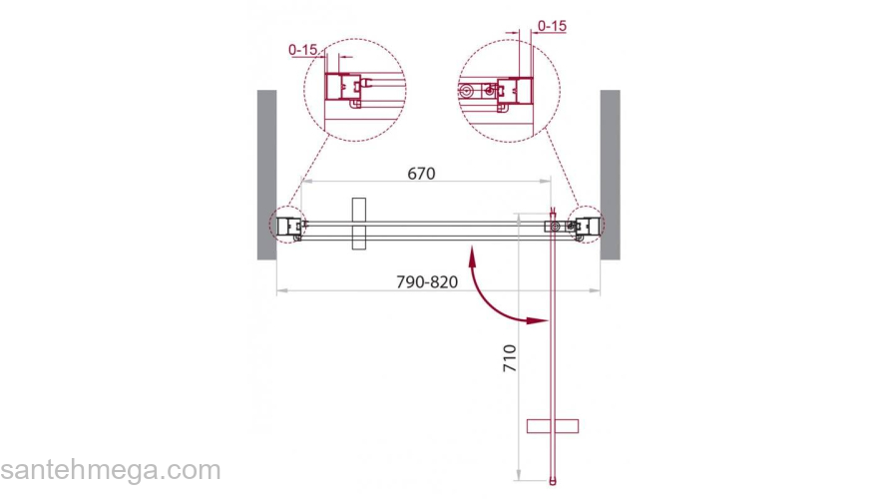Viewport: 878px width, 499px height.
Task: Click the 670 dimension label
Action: click(421, 174)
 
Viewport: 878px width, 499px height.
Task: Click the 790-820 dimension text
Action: click(427, 281)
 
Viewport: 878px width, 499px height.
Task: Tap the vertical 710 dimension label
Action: click(510, 358)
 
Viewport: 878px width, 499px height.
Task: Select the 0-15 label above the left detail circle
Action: click(303, 49)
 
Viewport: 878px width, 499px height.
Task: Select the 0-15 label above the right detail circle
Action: click(552, 26)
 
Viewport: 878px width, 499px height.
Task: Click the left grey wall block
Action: click(267, 175)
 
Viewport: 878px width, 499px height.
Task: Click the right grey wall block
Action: click(611, 175)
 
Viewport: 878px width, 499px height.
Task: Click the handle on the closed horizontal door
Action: click(359, 224)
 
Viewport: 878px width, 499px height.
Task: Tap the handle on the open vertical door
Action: click(553, 426)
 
